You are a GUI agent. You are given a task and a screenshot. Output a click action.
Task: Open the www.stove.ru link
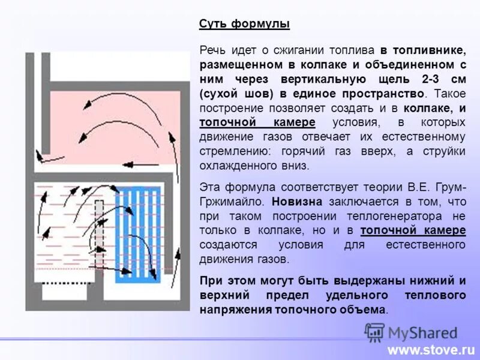431,349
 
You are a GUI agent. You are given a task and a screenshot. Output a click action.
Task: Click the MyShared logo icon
374,332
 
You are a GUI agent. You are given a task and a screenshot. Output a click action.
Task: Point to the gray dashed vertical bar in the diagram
100,237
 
